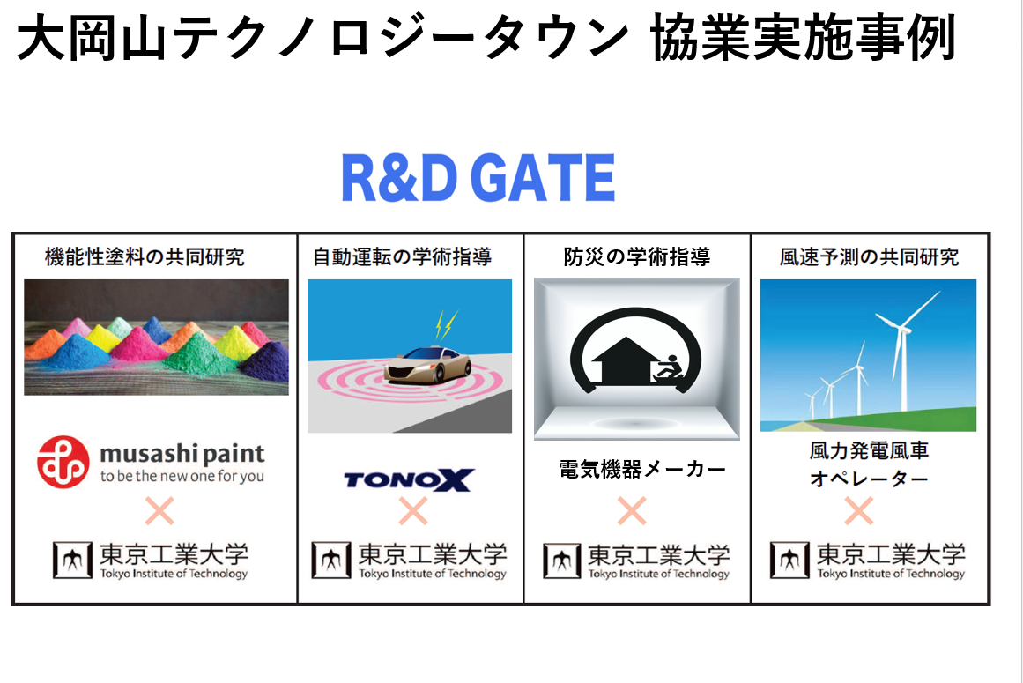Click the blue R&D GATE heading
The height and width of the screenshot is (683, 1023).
pos(478,177)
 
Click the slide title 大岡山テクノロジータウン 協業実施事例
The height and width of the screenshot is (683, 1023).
pos(486,38)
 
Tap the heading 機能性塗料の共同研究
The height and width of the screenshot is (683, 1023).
pos(145,257)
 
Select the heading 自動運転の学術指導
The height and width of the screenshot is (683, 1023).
pos(403,257)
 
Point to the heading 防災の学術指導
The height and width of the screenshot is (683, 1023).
pos(637,257)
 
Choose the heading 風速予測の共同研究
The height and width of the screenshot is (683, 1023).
pos(869,257)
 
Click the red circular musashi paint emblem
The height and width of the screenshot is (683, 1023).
pos(63,463)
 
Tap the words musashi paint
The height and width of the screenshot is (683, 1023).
pos(182,453)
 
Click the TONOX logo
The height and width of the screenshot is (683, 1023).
pos(409,480)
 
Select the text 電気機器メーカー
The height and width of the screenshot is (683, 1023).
pos(642,469)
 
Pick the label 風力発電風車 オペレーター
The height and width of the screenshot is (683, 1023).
pos(869,464)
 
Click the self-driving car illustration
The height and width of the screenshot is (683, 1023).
pos(428,365)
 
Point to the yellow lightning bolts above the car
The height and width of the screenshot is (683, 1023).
pos(446,325)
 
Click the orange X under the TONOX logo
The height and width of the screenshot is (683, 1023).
pos(413,511)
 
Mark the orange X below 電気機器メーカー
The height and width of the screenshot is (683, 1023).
pos(632,511)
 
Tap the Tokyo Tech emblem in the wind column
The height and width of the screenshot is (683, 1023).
pos(789,561)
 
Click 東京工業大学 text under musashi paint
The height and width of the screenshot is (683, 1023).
pos(174,554)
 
